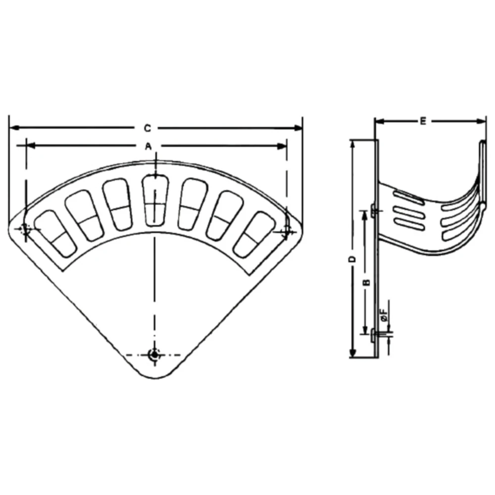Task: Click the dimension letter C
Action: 147,128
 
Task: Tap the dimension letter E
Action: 423,121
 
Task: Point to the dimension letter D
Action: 352,259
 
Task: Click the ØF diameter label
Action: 384,315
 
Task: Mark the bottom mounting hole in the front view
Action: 154,354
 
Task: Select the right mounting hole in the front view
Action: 286,229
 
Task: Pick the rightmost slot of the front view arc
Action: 254,234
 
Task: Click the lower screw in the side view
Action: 375,336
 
